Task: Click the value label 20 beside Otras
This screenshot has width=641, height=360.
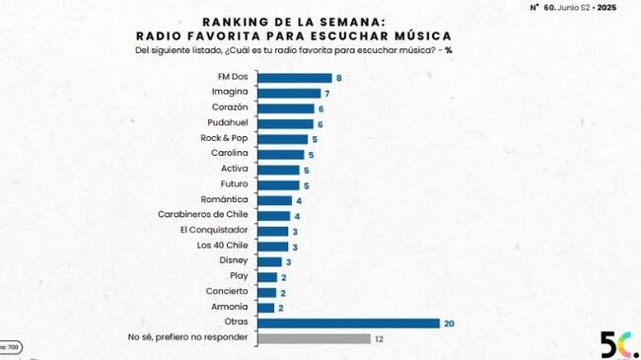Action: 450,323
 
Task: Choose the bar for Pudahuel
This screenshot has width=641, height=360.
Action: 288,123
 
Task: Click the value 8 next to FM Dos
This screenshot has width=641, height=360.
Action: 338,77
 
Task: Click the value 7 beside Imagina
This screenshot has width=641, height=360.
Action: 327,93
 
